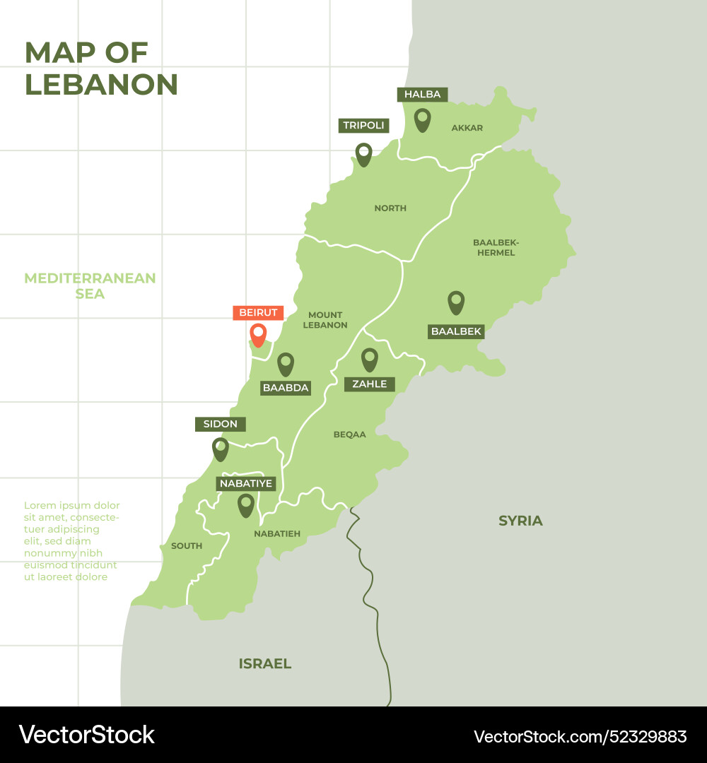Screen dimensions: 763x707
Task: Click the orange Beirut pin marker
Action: [x=258, y=333]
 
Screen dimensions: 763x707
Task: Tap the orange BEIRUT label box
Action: [x=258, y=312]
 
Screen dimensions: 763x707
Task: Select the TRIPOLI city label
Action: [x=363, y=126]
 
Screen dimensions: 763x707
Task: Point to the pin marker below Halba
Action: [x=422, y=119]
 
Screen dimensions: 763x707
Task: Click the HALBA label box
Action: [x=422, y=95]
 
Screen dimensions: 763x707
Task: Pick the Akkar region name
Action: [x=467, y=128]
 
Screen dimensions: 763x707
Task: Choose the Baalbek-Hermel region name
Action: [x=495, y=247]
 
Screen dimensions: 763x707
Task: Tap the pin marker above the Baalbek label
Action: [x=456, y=302]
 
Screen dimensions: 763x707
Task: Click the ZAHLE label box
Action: [x=370, y=384]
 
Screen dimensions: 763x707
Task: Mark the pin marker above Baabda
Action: [x=285, y=363]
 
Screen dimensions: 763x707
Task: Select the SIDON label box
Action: [x=221, y=424]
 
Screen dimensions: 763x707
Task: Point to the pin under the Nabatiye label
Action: [x=245, y=504]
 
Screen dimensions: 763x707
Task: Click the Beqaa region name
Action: [x=349, y=434]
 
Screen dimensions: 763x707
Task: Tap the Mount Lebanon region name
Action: [x=325, y=320]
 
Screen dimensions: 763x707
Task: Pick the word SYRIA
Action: [x=520, y=521]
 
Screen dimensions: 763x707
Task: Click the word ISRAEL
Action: [x=264, y=663]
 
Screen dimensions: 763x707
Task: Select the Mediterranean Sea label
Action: [x=90, y=285]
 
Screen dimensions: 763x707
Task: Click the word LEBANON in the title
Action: [x=101, y=85]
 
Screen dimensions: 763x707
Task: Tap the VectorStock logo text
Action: [x=86, y=735]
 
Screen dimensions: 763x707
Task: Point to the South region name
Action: [x=187, y=545]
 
